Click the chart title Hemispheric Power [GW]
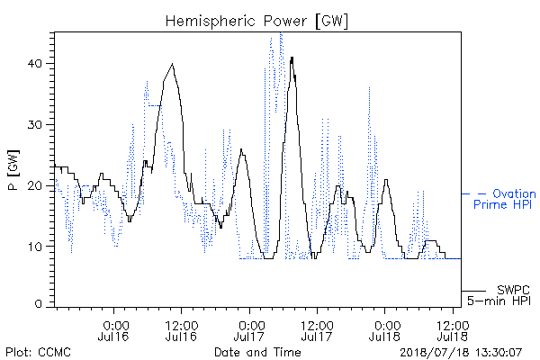[x=256, y=22]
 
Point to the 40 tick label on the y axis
[x=35, y=64]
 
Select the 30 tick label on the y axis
[x=35, y=125]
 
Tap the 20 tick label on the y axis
[x=35, y=185]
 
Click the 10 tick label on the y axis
[x=35, y=247]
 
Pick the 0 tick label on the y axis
[x=39, y=303]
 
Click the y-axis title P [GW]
[x=13, y=170]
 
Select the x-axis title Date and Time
[x=257, y=352]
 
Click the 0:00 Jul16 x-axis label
[x=113, y=330]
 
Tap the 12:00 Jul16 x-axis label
[x=182, y=330]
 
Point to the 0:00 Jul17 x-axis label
[x=249, y=330]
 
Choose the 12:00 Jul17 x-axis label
[x=317, y=330]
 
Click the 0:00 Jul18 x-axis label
[x=384, y=330]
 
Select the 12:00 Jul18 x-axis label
[x=453, y=330]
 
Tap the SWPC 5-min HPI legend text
[x=499, y=295]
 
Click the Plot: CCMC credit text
[x=38, y=352]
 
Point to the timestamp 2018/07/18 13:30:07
[x=461, y=353]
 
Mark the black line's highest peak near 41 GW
[x=292, y=58]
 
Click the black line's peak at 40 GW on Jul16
[x=173, y=64]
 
